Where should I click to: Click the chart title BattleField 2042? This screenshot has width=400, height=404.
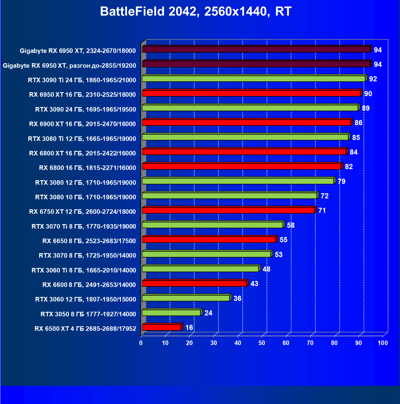(196, 11)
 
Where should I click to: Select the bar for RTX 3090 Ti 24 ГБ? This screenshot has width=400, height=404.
(254, 79)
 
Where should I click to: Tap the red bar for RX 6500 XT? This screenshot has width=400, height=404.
(162, 327)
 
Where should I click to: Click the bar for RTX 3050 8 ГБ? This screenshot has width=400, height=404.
(171, 313)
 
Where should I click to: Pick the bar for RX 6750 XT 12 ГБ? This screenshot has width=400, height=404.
(228, 210)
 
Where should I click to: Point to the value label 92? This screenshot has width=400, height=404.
(373, 79)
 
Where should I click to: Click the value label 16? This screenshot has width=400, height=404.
(189, 327)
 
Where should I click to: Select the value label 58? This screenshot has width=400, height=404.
(290, 225)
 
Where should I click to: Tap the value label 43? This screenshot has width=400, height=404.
(254, 284)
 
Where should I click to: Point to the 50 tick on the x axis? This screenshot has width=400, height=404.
(262, 343)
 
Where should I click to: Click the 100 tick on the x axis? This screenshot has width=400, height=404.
(383, 343)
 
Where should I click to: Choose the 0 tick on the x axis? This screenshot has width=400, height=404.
(141, 343)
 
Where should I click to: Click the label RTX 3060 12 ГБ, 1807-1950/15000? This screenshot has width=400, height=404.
(86, 299)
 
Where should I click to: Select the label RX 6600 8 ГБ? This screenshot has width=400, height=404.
(89, 285)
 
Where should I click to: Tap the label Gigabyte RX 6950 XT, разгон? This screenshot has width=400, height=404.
(69, 66)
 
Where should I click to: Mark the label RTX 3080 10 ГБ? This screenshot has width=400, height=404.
(86, 197)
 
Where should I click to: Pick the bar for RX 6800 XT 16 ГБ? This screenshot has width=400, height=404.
(244, 151)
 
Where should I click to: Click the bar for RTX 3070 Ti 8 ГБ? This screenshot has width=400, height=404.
(212, 225)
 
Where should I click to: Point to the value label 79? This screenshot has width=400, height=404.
(341, 181)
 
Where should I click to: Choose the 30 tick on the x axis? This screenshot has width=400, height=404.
(214, 343)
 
